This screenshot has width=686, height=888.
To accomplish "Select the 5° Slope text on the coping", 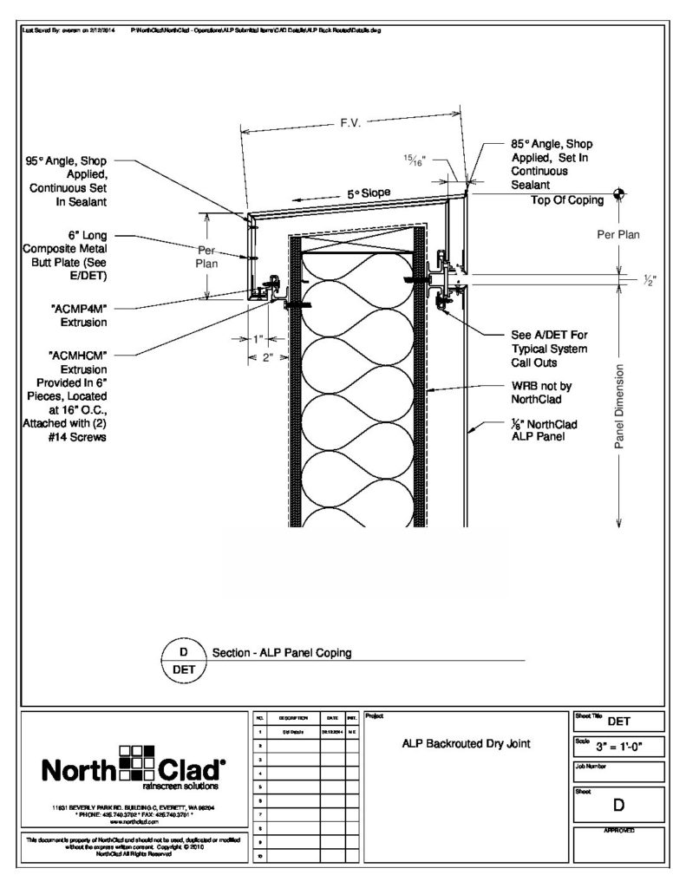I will point(369,193).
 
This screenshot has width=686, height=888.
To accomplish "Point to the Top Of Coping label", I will point(567,200).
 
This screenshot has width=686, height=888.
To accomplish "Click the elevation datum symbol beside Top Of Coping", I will point(618,193).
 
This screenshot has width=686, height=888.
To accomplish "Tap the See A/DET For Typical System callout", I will point(550,348).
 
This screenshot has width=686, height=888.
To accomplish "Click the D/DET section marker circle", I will point(183,660).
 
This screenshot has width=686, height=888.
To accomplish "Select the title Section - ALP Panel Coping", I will point(281,653).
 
